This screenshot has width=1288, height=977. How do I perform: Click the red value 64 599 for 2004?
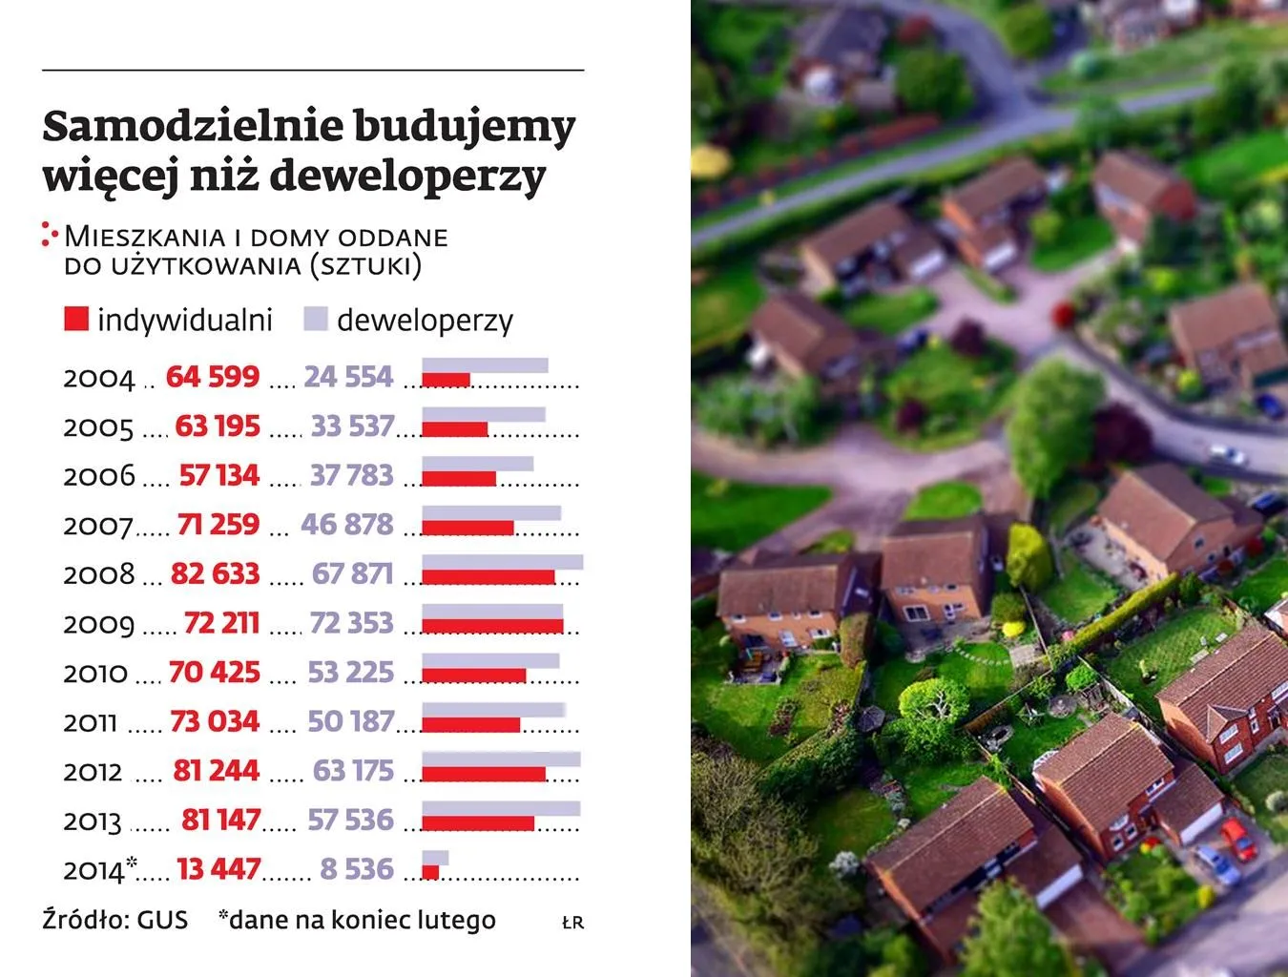(x=212, y=376)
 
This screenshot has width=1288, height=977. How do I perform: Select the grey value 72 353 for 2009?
(x=351, y=623)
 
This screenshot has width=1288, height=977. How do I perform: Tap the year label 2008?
(x=98, y=574)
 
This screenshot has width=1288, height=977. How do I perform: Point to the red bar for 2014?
(x=430, y=872)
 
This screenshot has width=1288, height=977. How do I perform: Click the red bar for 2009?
(x=492, y=626)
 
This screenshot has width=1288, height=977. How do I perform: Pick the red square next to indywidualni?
(x=76, y=319)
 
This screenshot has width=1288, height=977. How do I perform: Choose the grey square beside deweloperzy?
(x=316, y=319)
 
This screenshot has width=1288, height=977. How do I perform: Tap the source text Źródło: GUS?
(x=114, y=920)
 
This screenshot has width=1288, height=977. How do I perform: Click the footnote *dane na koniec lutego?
(x=357, y=920)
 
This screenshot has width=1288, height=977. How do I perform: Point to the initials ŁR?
(x=572, y=923)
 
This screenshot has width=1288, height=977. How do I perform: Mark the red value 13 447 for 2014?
(x=218, y=869)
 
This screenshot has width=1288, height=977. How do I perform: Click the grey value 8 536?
(x=357, y=869)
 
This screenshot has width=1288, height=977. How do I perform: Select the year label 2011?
(x=90, y=723)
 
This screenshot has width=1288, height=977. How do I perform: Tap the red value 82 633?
(x=215, y=573)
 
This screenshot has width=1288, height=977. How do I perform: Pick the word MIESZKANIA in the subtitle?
(x=144, y=237)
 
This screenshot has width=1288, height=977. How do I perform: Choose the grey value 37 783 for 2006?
(x=351, y=474)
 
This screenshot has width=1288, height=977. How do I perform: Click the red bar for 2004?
(x=446, y=380)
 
